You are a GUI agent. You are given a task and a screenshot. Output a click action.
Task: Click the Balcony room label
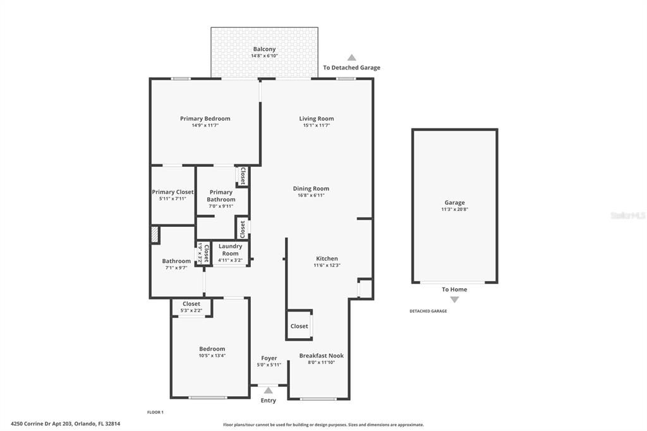coord(264,49)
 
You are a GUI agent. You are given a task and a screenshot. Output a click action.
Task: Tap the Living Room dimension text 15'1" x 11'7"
coord(317,125)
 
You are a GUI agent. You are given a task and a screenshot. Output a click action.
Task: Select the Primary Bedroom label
coord(205,118)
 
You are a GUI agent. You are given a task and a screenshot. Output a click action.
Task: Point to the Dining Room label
coord(311,189)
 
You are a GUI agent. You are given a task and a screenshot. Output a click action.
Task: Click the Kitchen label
coord(327,258)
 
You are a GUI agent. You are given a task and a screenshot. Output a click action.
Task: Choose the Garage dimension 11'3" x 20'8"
coord(455,209)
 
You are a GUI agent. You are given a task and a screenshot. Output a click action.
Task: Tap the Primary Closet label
coord(172,192)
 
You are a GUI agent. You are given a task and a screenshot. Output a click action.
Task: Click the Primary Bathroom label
coord(221,196)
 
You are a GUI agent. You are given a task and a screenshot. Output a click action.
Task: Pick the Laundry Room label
coord(230,250)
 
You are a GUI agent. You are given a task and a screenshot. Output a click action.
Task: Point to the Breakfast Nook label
coord(322,355)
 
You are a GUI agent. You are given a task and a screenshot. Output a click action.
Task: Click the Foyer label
coord(269,358)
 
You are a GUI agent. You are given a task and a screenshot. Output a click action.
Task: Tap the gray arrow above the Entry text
coord(268,390)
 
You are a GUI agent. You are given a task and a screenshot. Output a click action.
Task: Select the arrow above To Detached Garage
coord(351,58)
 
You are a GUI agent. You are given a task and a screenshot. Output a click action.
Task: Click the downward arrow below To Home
coord(454,300)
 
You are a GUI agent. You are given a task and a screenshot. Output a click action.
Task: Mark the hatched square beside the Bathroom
coord(155,234)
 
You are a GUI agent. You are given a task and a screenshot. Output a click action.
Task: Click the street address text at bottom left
coord(66,423)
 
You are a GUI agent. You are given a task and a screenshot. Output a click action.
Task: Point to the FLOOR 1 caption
coord(155,412)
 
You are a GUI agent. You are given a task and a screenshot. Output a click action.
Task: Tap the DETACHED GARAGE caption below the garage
coord(428,311)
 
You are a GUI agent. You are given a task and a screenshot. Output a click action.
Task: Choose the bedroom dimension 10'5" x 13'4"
coord(212,355)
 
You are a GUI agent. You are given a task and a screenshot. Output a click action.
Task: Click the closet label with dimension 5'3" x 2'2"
coord(191,304)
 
